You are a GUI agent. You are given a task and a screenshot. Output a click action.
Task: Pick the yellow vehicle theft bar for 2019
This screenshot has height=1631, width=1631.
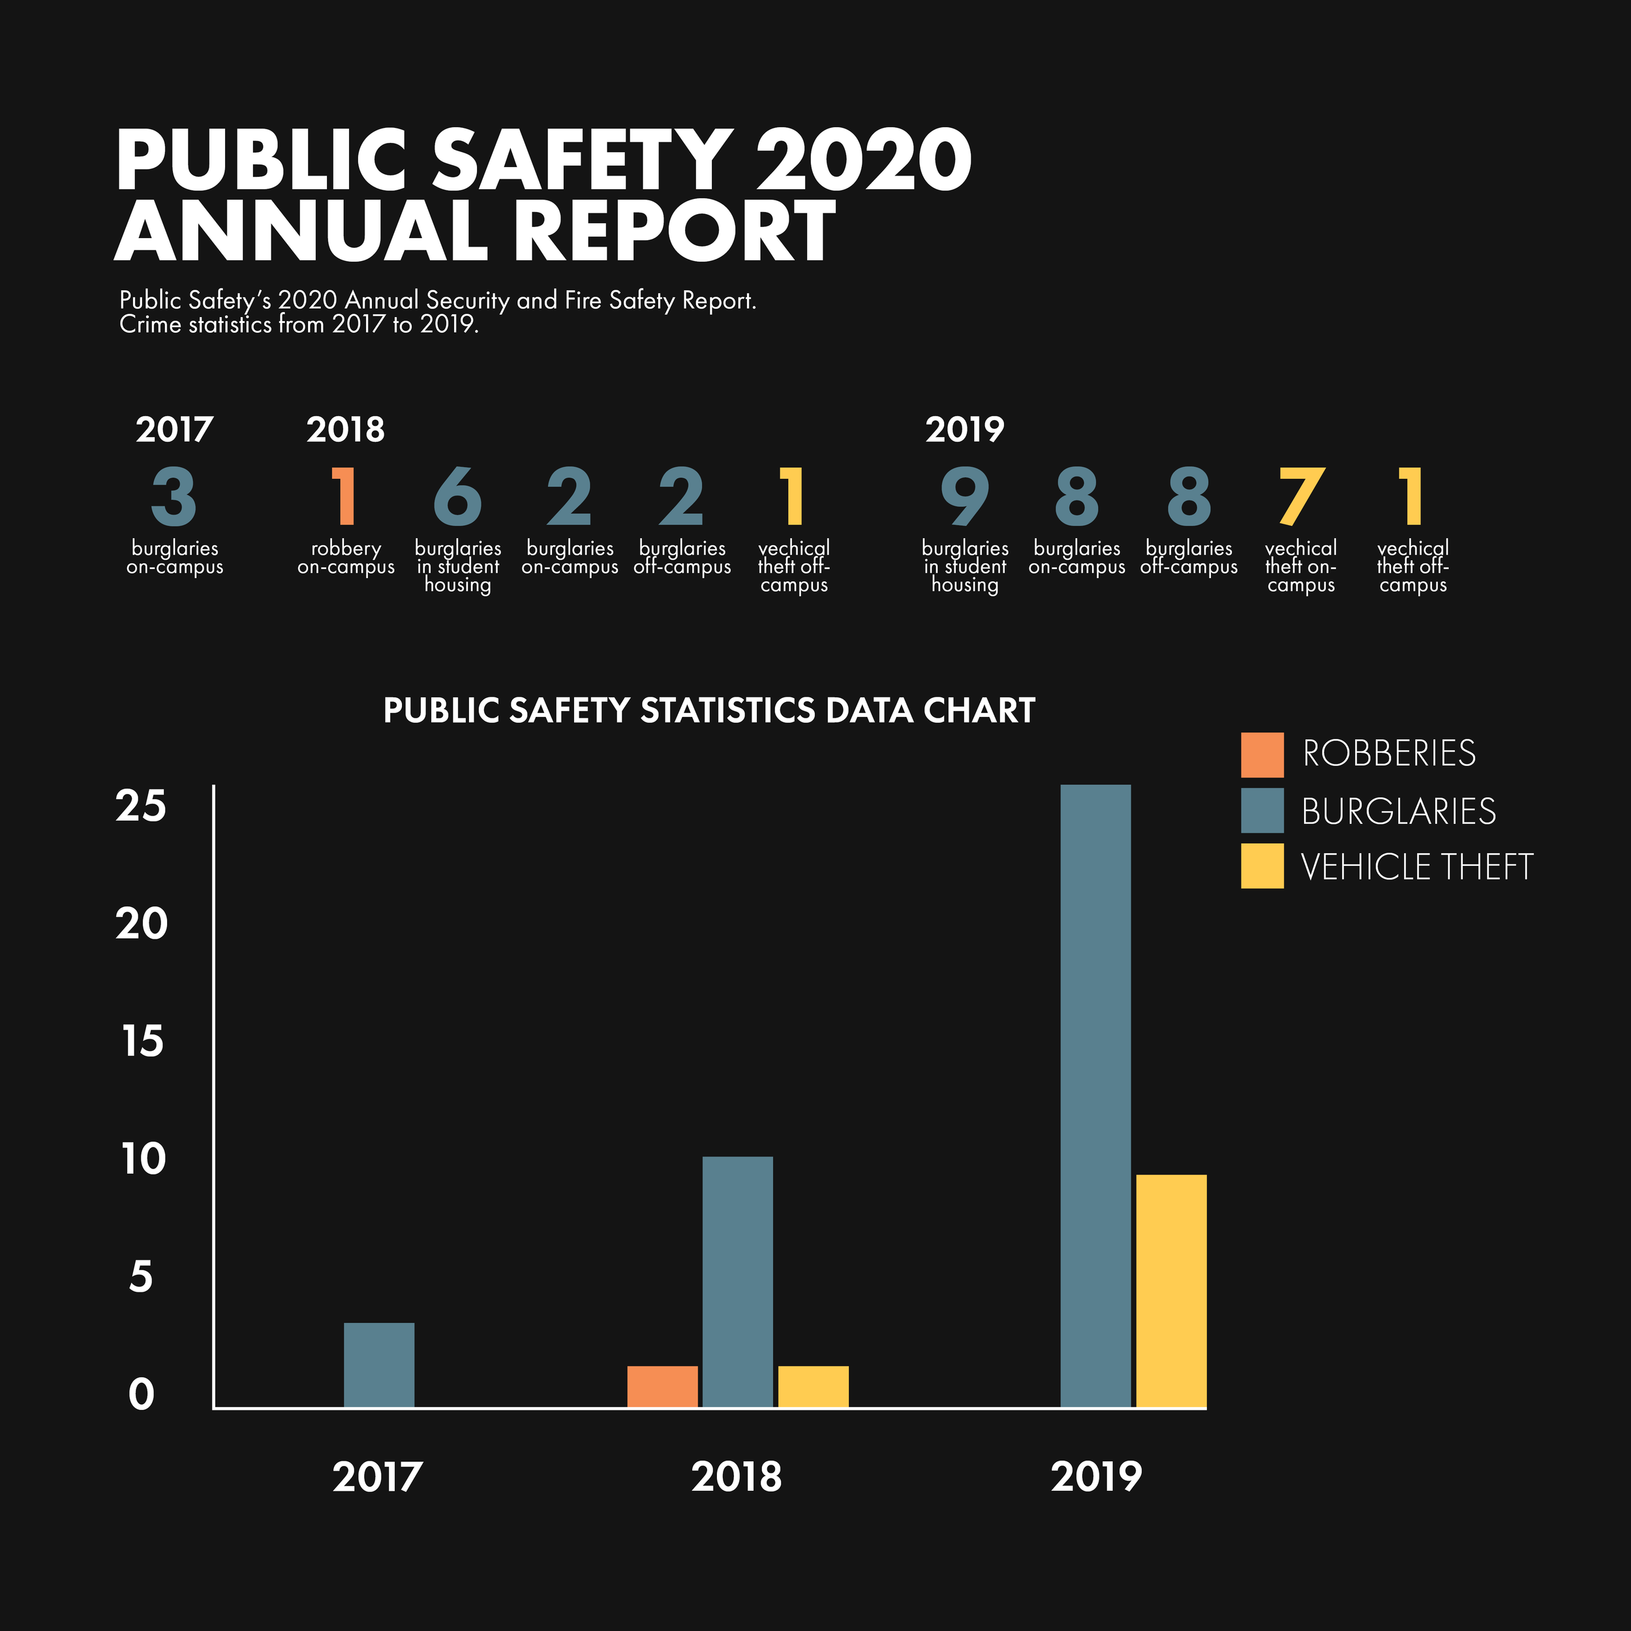(1171, 1291)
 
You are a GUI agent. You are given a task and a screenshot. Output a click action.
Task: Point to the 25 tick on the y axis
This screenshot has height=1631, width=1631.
(142, 806)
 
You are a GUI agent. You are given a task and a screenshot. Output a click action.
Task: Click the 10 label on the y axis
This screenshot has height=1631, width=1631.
(144, 1159)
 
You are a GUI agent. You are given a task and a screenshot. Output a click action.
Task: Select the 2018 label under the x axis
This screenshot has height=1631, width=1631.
(736, 1477)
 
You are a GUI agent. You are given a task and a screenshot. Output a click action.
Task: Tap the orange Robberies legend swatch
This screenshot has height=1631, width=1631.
(1262, 755)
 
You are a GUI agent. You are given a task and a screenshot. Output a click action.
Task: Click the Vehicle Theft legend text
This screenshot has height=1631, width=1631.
(1416, 867)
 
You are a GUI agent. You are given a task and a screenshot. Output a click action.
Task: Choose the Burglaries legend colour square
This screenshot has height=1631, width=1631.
(1262, 810)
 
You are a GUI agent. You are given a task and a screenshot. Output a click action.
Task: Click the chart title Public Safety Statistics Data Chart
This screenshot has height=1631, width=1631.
(709, 711)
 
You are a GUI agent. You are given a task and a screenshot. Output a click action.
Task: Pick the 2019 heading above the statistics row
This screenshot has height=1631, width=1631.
(964, 430)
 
